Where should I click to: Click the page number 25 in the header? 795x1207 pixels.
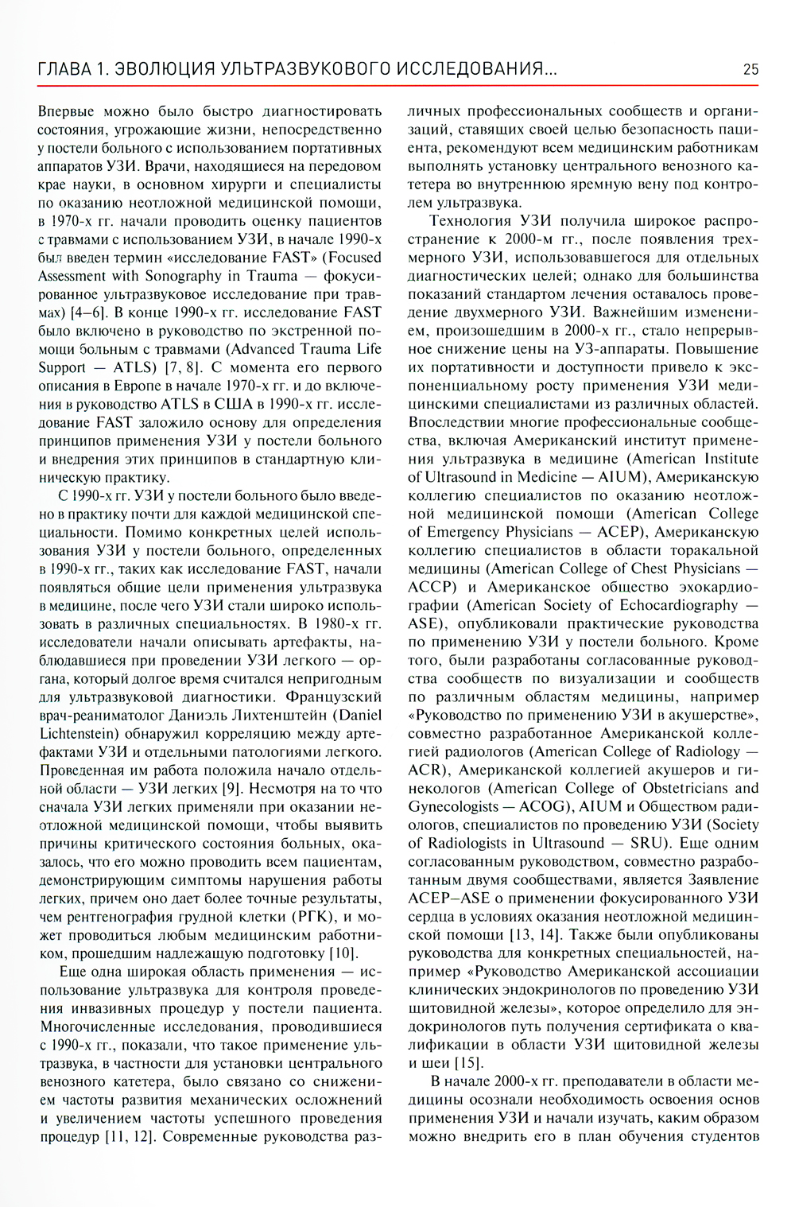(750, 69)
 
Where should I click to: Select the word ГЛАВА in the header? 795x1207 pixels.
(64, 69)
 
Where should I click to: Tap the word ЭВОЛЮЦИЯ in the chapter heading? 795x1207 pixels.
(165, 69)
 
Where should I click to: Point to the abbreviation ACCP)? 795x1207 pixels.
(432, 587)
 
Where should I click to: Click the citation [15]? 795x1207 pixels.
(467, 1062)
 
